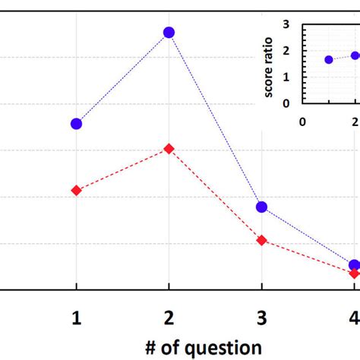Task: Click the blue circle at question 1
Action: coord(76,123)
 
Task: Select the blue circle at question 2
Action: coord(169,32)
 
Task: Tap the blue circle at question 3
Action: coord(261,207)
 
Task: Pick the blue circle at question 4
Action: coord(354,265)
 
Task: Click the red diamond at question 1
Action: coord(76,190)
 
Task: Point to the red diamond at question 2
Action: coord(169,148)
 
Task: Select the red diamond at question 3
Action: coord(261,240)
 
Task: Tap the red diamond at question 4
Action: coord(354,273)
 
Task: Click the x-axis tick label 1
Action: coord(76,318)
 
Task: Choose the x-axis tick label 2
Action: coord(169,318)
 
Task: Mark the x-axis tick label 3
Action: coord(261,318)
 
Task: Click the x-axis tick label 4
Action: coord(354,318)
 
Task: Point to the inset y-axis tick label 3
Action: coord(286,24)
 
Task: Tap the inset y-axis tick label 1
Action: coord(286,77)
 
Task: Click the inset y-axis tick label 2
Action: coord(286,51)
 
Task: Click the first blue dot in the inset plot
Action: coord(329,59)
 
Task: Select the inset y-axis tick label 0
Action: coord(286,103)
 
